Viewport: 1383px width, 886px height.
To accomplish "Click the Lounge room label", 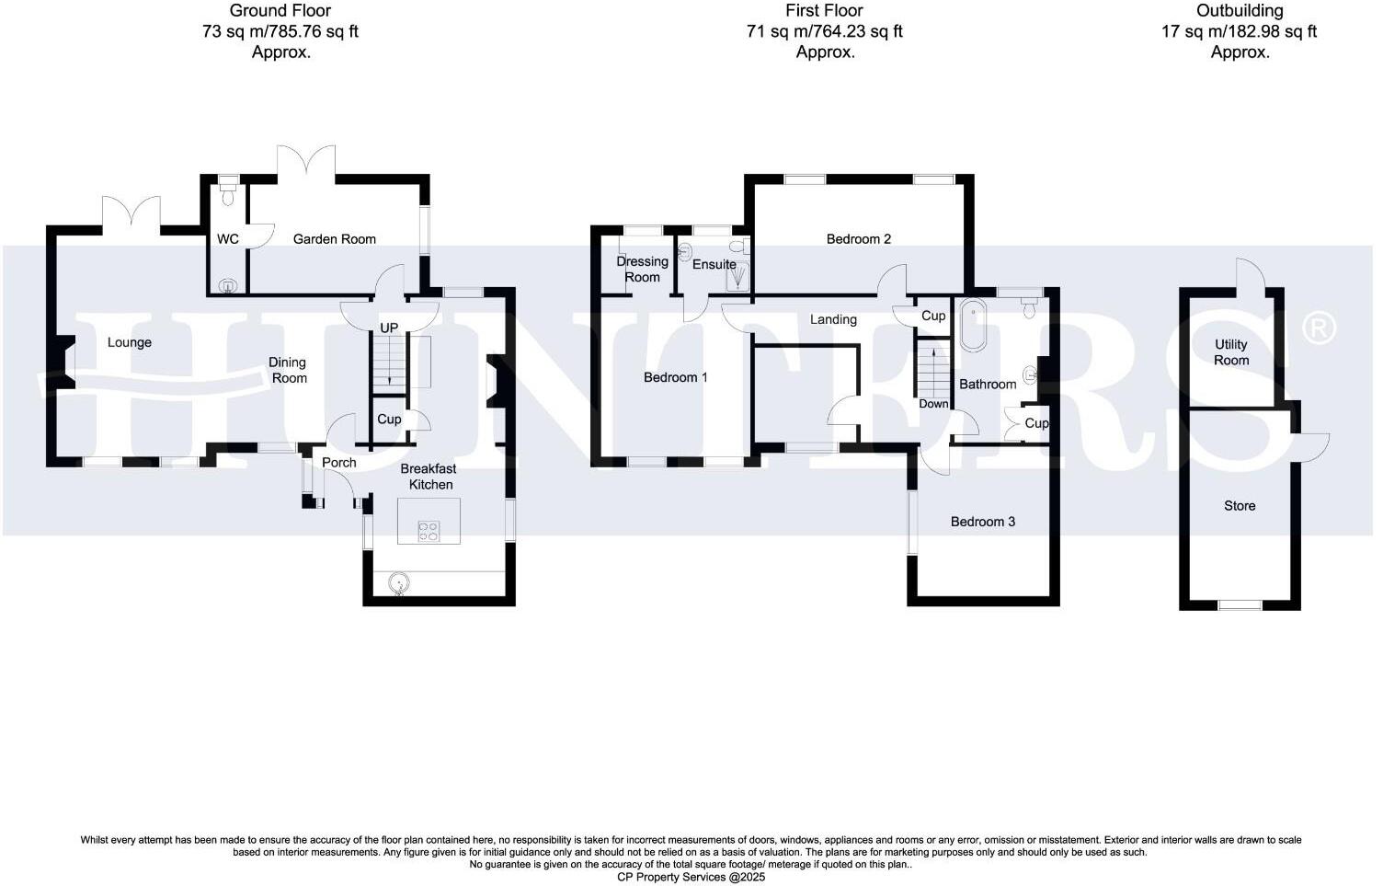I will click(129, 342).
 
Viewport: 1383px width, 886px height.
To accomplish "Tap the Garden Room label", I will click(334, 239).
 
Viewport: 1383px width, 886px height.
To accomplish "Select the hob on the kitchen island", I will click(429, 530).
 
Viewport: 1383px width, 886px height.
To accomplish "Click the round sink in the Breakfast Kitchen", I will click(399, 581).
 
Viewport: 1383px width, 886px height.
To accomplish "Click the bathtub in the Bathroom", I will click(973, 325).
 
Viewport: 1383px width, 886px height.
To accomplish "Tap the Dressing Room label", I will click(642, 270).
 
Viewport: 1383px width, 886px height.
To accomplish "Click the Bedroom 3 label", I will click(982, 522).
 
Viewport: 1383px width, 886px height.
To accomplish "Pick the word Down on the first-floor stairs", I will click(933, 404).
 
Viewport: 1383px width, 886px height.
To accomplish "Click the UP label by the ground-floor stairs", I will click(389, 328).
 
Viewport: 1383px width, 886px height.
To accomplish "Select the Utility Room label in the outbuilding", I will click(1230, 352).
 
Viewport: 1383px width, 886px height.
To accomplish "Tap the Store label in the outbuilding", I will click(1239, 506).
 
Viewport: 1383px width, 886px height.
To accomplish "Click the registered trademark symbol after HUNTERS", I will click(1320, 328).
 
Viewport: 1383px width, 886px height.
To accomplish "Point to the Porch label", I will click(338, 463).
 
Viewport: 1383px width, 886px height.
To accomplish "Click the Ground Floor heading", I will click(280, 11).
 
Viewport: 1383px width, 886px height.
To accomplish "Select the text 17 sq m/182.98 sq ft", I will click(1239, 32).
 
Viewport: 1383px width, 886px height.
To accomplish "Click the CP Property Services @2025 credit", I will click(691, 877).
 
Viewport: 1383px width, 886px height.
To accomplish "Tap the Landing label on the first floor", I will click(833, 319).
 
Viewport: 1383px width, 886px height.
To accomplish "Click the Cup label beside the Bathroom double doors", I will click(1036, 423).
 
